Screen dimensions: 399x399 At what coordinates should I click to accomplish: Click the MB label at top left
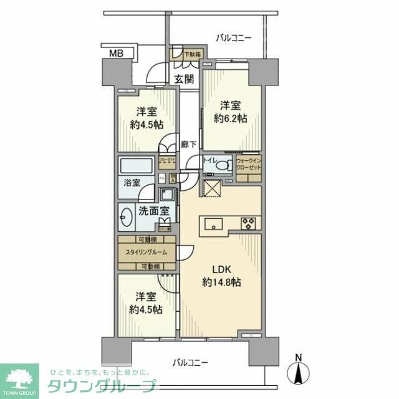(117, 54)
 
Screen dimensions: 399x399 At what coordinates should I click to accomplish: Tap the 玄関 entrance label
(184, 79)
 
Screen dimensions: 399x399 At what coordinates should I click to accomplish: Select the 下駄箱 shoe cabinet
(188, 55)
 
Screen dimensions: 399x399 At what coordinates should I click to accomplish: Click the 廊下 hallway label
(189, 145)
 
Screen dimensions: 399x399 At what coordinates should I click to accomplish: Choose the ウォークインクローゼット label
(248, 164)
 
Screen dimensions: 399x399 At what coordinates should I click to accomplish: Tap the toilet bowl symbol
(226, 166)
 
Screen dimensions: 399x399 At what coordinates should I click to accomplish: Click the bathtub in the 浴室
(135, 166)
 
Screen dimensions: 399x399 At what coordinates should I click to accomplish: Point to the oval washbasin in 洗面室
(125, 218)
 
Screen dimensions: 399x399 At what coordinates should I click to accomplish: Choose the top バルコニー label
(234, 37)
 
